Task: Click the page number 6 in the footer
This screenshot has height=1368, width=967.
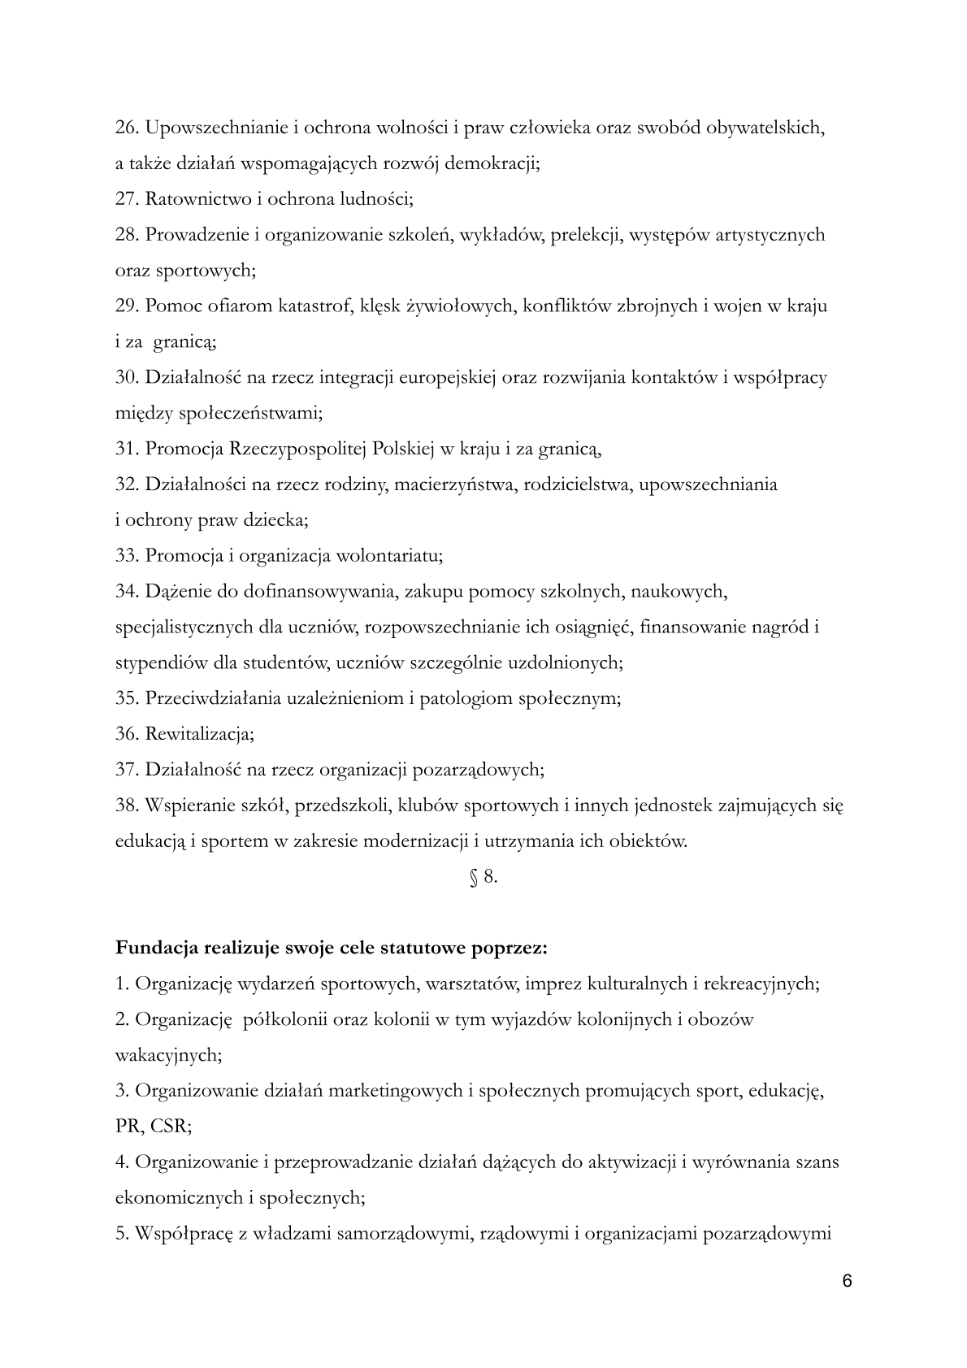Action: pyautogui.click(x=848, y=1282)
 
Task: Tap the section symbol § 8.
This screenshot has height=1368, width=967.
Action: pyautogui.click(x=483, y=877)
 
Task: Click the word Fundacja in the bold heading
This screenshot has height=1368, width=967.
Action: pyautogui.click(x=154, y=948)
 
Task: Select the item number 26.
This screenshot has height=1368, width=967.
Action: pyautogui.click(x=128, y=128)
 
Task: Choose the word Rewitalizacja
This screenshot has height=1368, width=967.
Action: pyautogui.click(x=199, y=734)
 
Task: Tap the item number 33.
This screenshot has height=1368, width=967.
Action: pyautogui.click(x=128, y=556)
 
